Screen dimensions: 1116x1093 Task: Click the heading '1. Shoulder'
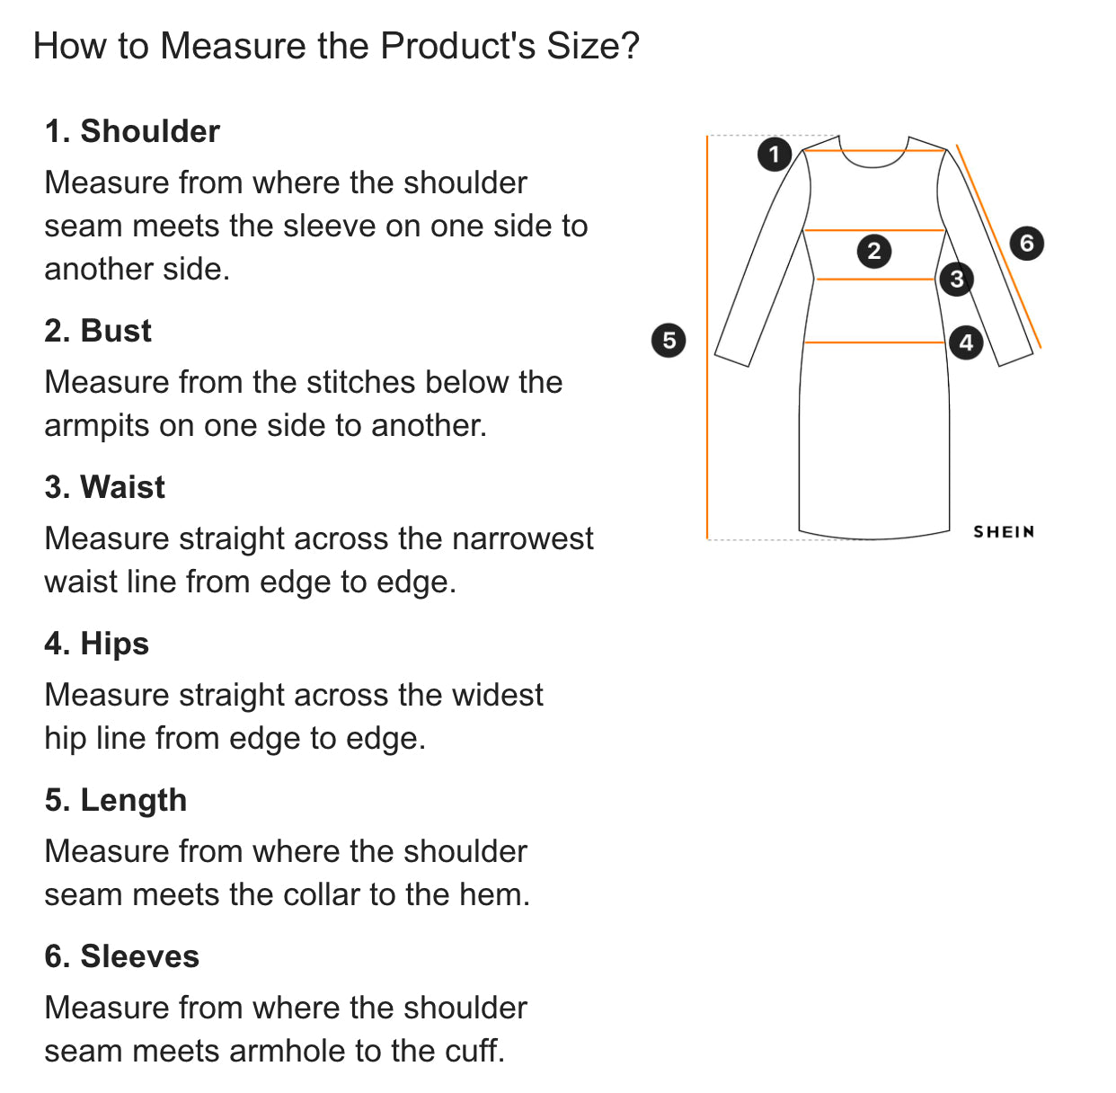tap(132, 131)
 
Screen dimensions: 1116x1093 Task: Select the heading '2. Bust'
tap(98, 331)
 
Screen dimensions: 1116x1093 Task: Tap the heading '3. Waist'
tap(105, 486)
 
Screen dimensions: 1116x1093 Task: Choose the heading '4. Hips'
tap(97, 644)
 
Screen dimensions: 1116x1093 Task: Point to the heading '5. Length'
tap(116, 800)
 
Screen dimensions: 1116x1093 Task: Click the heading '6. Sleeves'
tap(121, 956)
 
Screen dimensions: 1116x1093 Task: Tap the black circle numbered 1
tap(775, 155)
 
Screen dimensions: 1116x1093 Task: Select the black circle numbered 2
tap(873, 251)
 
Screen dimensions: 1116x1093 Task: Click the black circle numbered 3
tap(956, 279)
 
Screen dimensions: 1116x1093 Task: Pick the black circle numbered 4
tap(965, 342)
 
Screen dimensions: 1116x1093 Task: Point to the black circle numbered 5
tap(669, 340)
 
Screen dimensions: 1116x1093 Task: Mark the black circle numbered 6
tap(1026, 243)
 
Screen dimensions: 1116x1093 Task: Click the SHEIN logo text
tap(1003, 531)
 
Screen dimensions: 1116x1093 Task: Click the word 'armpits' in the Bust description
tap(97, 427)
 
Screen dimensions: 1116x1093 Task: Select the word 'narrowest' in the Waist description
tap(522, 538)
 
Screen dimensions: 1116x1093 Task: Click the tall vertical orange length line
tap(707, 337)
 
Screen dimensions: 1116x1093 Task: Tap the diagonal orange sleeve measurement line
tap(998, 246)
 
